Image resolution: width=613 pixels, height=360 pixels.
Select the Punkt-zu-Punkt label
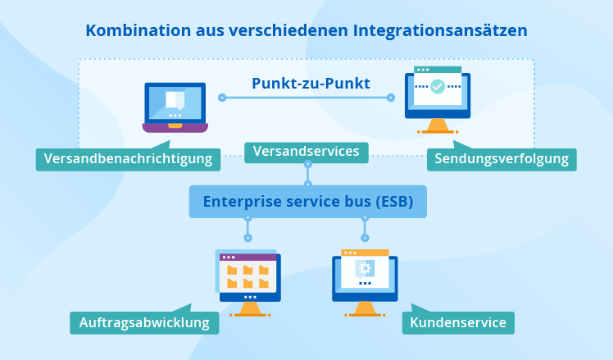tap(311, 83)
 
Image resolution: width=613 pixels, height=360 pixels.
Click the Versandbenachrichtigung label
tap(129, 158)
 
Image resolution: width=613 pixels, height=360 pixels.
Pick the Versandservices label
tap(306, 152)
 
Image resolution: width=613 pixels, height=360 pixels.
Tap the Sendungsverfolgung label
tap(502, 159)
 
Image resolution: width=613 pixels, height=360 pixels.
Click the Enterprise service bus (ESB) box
tap(308, 201)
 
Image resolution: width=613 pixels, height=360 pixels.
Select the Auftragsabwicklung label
tap(144, 322)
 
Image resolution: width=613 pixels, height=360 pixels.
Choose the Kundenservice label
tap(457, 322)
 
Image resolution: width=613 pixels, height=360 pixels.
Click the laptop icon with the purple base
tap(175, 107)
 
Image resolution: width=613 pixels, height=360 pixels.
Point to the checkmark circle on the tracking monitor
tap(438, 85)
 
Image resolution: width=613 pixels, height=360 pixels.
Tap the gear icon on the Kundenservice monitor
tap(365, 268)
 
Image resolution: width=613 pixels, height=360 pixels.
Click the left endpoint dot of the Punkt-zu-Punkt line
tap(221, 98)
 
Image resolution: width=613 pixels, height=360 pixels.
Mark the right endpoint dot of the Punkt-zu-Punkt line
tap(391, 98)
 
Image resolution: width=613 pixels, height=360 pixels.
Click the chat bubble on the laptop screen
tap(175, 100)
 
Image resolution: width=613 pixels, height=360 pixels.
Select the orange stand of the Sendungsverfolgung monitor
tap(437, 126)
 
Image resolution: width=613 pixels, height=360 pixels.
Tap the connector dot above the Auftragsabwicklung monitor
tap(247, 237)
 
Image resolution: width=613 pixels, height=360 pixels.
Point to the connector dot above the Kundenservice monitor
tap(365, 237)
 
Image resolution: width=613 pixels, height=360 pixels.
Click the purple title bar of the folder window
tap(247, 257)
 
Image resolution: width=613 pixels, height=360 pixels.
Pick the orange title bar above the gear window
tap(365, 253)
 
